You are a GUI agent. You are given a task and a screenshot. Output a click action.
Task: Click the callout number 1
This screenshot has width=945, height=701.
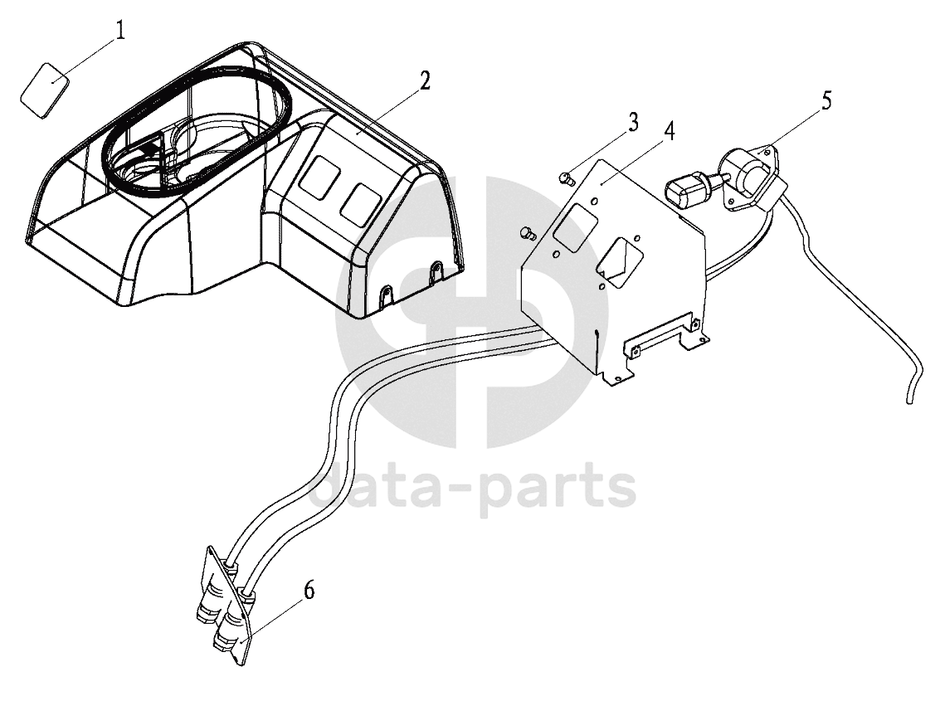[x=120, y=31]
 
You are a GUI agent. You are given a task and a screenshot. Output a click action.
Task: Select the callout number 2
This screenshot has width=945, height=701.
[x=425, y=80]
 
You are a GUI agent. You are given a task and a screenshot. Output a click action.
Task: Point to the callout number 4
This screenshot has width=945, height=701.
[x=670, y=131]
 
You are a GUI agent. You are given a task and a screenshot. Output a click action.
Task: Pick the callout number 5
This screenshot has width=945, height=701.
[x=826, y=100]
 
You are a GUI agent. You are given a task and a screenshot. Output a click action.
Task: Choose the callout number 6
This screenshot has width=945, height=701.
[x=309, y=590]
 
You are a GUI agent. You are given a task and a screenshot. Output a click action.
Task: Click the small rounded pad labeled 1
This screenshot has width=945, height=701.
[x=45, y=90]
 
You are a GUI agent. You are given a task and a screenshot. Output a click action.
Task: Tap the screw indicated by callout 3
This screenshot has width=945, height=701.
[x=566, y=178]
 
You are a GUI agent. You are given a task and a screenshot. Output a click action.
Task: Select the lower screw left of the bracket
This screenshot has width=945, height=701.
[x=528, y=232]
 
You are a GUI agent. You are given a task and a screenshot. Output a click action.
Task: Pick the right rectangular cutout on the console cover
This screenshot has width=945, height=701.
[x=360, y=205]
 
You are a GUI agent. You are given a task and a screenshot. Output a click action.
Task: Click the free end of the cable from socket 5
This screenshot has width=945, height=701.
[x=909, y=399]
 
